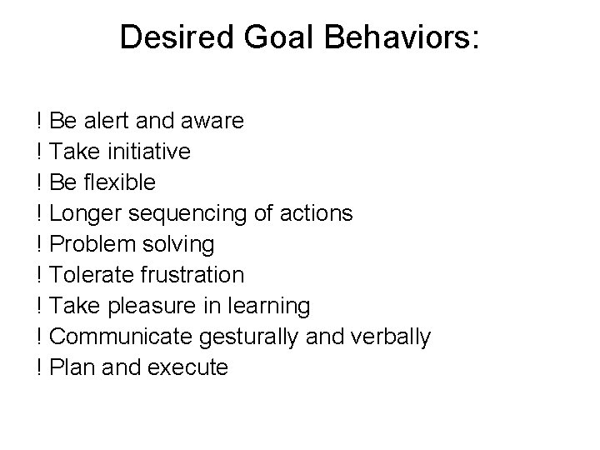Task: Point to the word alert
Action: coord(105,121)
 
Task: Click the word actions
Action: coord(317,213)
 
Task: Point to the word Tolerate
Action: coord(86,275)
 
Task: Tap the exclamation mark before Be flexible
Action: coord(39,182)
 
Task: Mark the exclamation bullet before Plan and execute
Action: coord(39,367)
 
